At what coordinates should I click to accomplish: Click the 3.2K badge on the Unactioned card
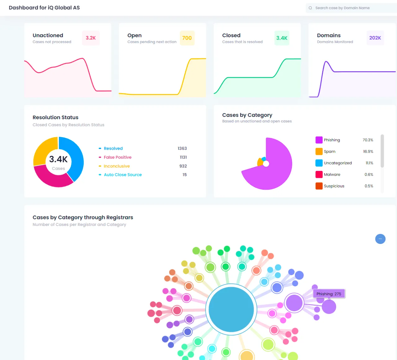(x=91, y=38)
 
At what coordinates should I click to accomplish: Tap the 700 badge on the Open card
(x=187, y=38)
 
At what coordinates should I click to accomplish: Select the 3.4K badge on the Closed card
(x=282, y=38)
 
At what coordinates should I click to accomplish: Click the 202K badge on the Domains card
(x=375, y=38)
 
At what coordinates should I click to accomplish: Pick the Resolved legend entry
(x=113, y=149)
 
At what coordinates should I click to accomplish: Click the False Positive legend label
(x=118, y=157)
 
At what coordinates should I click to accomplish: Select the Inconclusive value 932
(x=183, y=166)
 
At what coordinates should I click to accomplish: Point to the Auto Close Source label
(x=123, y=175)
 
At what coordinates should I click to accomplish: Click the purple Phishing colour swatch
(x=319, y=140)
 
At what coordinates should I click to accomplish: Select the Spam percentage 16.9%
(x=368, y=151)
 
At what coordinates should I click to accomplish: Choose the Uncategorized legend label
(x=338, y=163)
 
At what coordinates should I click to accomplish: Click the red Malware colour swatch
(x=319, y=174)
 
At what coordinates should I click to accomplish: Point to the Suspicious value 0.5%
(x=369, y=186)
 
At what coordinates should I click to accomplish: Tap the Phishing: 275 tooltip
(x=329, y=294)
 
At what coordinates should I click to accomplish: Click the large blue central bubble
(x=231, y=309)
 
